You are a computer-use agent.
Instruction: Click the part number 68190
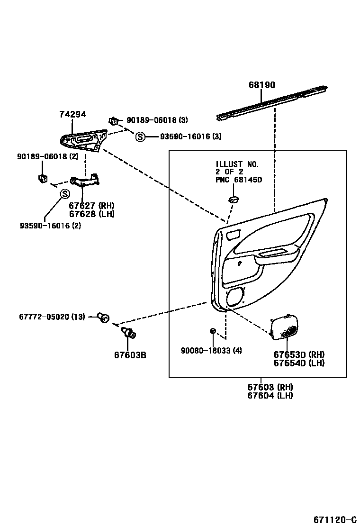click(262, 85)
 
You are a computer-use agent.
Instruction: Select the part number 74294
click(72, 114)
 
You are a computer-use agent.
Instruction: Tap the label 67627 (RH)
click(91, 206)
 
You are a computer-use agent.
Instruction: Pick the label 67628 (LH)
click(91, 214)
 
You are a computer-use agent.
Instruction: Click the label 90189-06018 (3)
click(157, 120)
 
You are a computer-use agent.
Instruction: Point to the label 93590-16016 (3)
click(190, 136)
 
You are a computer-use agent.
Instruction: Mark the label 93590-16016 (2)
click(50, 226)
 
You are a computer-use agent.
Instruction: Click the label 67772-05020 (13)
click(52, 316)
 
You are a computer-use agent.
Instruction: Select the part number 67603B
click(130, 354)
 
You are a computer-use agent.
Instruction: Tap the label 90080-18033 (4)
click(211, 351)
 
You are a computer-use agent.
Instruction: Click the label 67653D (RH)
click(299, 354)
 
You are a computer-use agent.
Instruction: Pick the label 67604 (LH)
click(270, 395)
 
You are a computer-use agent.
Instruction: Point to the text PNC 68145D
click(239, 180)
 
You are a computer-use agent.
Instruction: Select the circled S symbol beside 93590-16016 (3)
click(140, 137)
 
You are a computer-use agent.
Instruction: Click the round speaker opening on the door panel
click(235, 297)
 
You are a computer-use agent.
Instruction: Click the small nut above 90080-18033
click(213, 330)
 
